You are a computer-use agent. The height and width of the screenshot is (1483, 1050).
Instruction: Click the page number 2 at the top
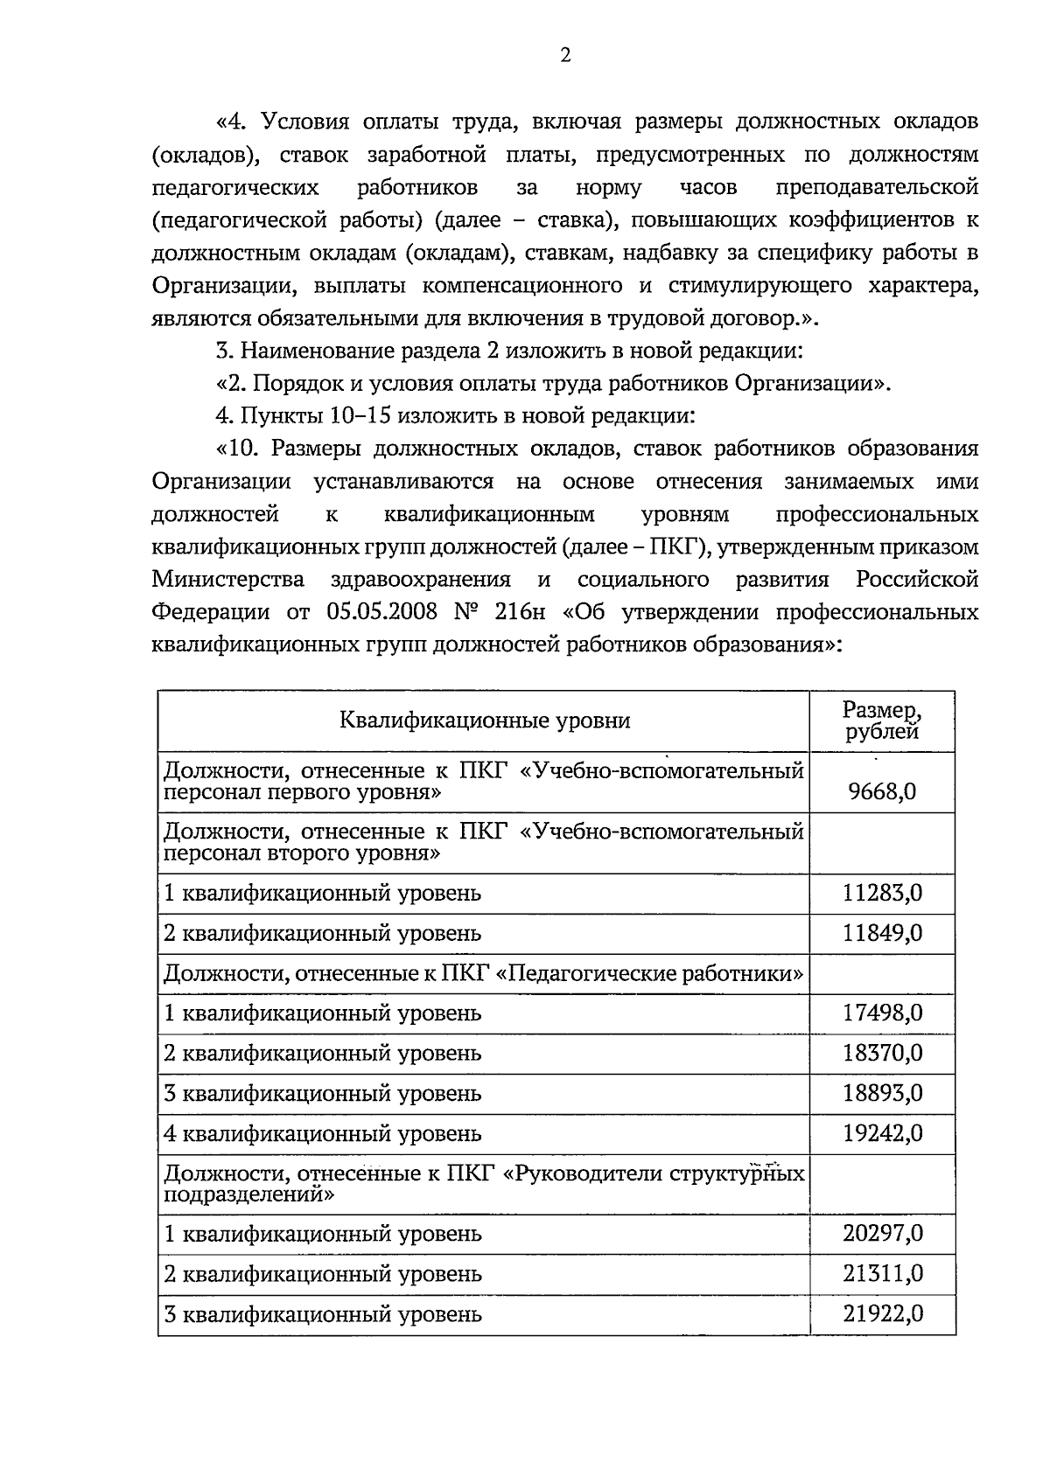[x=564, y=56]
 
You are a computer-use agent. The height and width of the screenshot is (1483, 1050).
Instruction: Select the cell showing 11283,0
[x=882, y=894]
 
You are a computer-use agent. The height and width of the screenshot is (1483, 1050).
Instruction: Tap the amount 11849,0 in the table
[x=882, y=933]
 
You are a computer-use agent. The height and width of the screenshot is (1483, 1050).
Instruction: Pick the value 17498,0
[x=882, y=1013]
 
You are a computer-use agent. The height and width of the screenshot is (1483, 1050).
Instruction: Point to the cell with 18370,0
[x=882, y=1053]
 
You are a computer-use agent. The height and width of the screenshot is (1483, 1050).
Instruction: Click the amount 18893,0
[x=882, y=1093]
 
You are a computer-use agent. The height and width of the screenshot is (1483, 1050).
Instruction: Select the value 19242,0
[x=882, y=1133]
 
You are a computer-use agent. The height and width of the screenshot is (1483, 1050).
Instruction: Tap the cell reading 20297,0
[x=882, y=1234]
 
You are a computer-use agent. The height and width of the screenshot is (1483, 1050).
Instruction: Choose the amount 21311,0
[x=882, y=1274]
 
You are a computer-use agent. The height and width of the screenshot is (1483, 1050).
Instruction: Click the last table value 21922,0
[x=882, y=1314]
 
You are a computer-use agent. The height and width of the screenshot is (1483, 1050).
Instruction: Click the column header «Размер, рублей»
[x=882, y=721]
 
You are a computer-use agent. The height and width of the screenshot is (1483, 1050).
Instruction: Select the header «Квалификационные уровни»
[x=484, y=721]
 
